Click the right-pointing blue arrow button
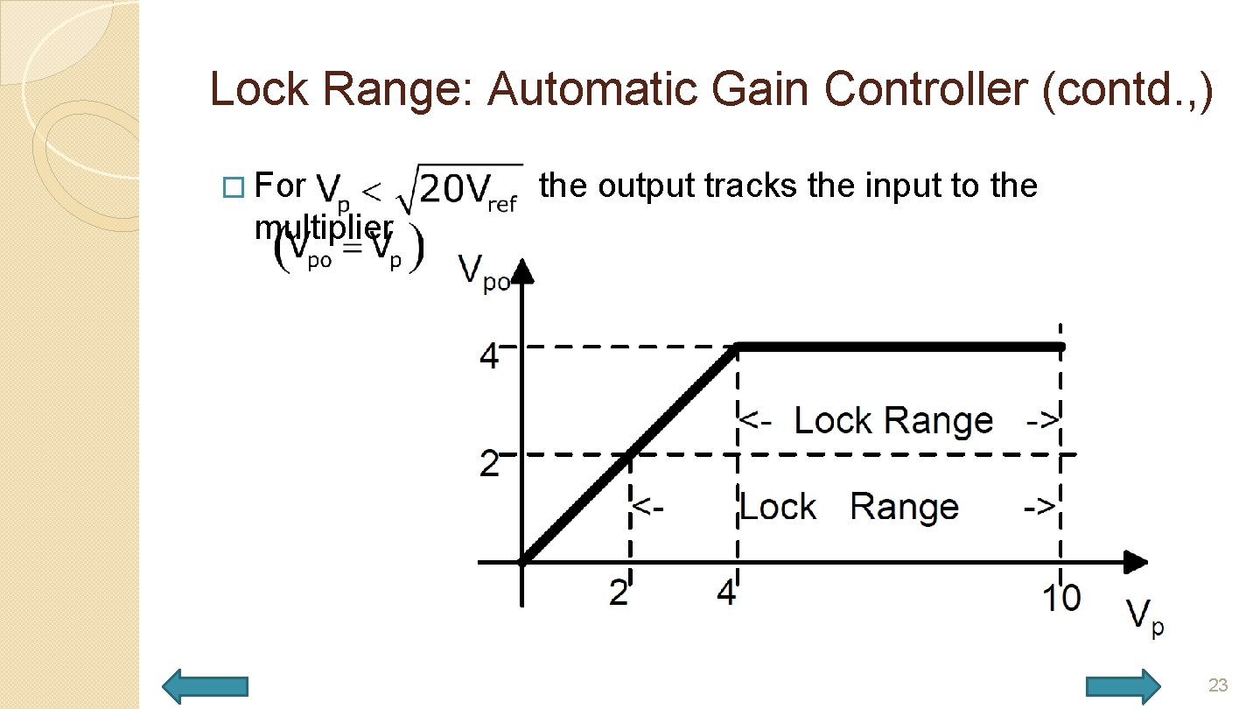pos(1123,685)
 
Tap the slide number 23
pos(1218,684)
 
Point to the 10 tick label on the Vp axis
pos(1060,599)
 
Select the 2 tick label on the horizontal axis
pos(619,594)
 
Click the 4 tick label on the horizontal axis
pos(726,594)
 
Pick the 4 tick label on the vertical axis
pos(490,356)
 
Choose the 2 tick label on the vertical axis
pos(490,463)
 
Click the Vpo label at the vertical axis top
pos(484,274)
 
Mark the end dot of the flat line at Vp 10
pos(1060,347)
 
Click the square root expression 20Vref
pos(460,188)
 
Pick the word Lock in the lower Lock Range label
pos(778,507)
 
